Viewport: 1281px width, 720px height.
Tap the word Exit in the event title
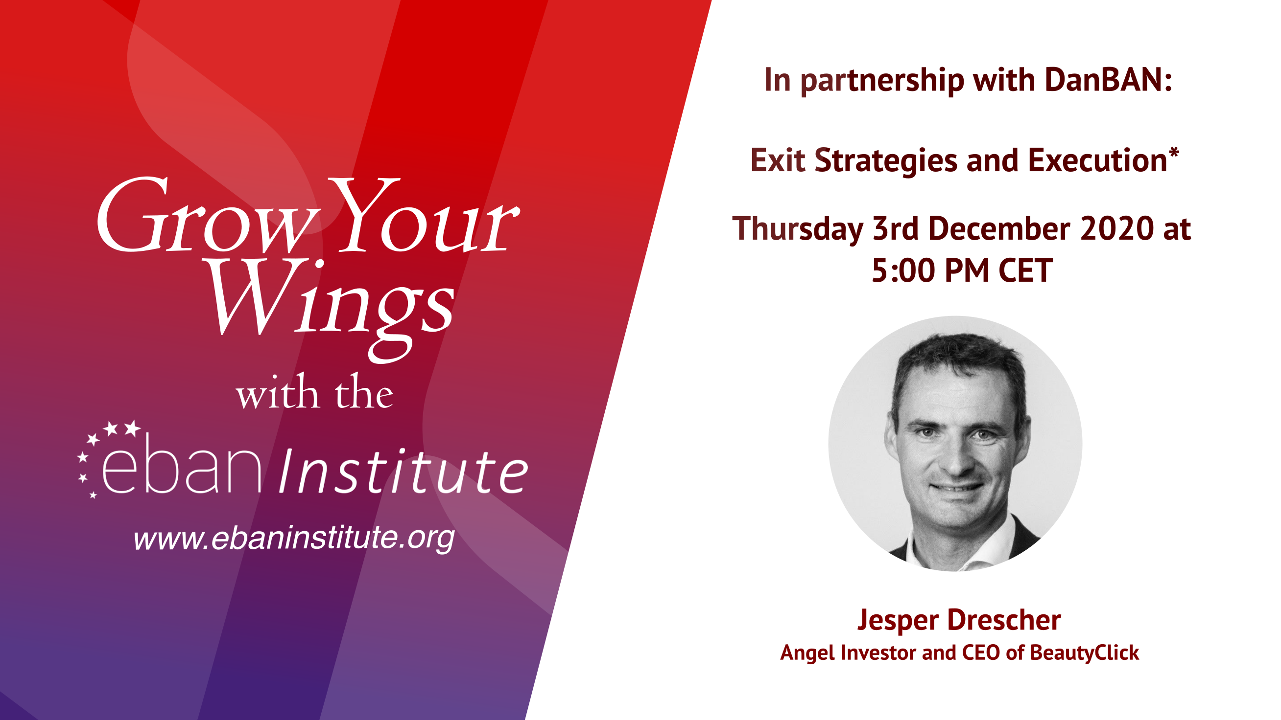tap(778, 160)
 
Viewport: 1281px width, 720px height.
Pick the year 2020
tap(1117, 229)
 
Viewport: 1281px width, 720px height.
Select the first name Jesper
tap(898, 621)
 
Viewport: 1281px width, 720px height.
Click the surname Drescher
tap(1004, 620)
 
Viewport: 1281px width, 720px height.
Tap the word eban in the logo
tap(182, 465)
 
